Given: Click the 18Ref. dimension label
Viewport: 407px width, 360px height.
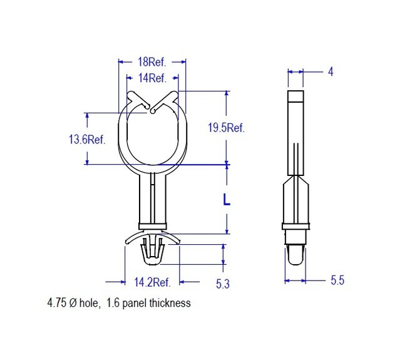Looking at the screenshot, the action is click(152, 62).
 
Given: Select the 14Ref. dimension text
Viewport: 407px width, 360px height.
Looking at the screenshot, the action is click(152, 78).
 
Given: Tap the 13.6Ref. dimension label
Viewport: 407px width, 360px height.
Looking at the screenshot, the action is click(87, 140).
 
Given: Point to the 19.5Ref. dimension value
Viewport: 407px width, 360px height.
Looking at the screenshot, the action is click(226, 128).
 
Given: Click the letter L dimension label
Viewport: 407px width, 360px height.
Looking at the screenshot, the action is click(227, 200).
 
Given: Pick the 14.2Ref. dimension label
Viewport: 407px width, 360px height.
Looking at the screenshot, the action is click(152, 282).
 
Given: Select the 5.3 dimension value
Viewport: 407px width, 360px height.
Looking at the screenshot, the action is click(223, 284).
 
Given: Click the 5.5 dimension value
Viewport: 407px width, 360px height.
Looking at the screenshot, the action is click(337, 280).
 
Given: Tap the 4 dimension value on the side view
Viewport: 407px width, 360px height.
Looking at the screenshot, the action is click(331, 71).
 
